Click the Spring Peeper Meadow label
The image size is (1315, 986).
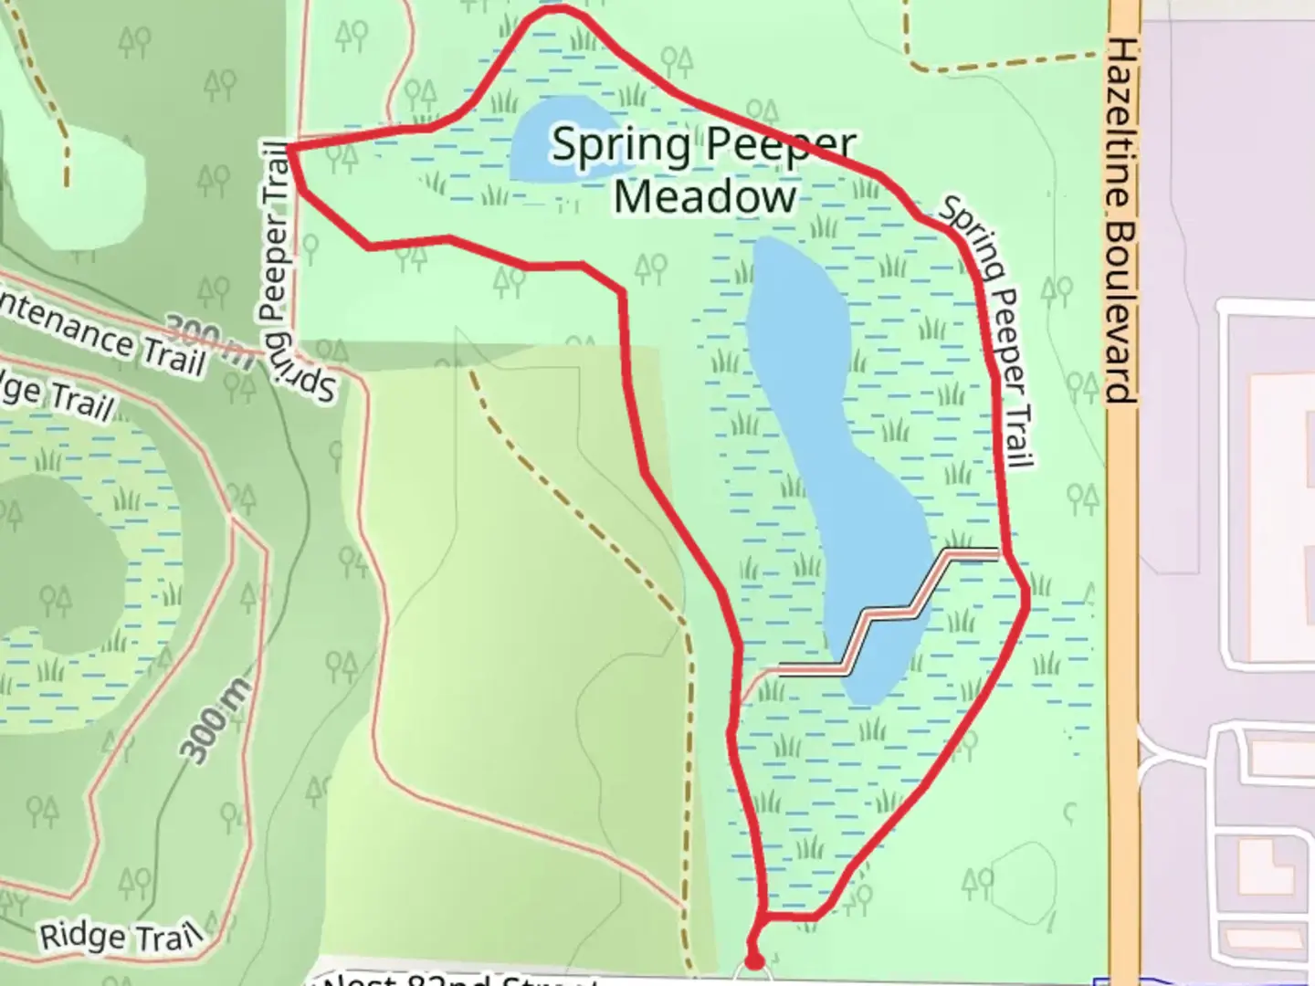point(703,171)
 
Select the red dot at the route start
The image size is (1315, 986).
point(753,960)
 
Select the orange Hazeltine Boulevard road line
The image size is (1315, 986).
point(1124,639)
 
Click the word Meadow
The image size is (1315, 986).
point(705,197)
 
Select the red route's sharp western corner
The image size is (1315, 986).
point(289,147)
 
